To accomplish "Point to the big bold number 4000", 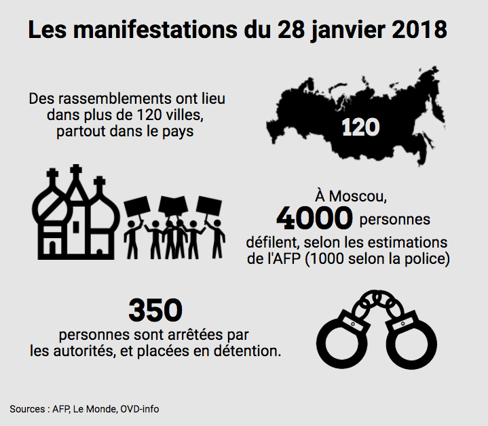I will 314,218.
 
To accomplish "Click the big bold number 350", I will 155,311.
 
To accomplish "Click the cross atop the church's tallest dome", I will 76,170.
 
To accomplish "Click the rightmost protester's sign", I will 208,206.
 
